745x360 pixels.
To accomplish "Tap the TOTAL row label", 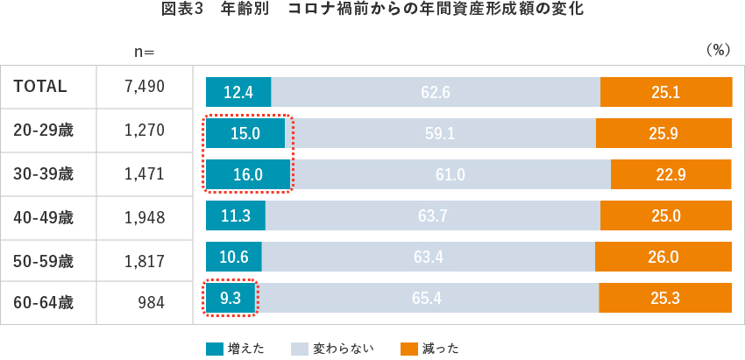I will pyautogui.click(x=40, y=86).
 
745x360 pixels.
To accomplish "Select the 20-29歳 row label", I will pyautogui.click(x=44, y=131).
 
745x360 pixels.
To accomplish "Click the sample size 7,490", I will pyautogui.click(x=145, y=86).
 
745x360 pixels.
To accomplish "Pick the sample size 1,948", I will pyautogui.click(x=145, y=217).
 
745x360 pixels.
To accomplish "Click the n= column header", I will pyautogui.click(x=144, y=52).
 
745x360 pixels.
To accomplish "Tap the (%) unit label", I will pyautogui.click(x=717, y=51).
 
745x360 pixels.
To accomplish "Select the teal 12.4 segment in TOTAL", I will pyautogui.click(x=238, y=92).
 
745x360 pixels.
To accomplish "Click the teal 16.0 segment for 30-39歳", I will pyautogui.click(x=248, y=174).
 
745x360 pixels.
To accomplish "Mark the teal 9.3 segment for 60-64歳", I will pyautogui.click(x=231, y=298).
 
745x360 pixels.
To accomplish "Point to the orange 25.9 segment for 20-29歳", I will pyautogui.click(x=663, y=133).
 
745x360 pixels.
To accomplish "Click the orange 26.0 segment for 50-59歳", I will pyautogui.click(x=663, y=257).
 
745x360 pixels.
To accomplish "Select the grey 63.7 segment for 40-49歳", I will pyautogui.click(x=432, y=215).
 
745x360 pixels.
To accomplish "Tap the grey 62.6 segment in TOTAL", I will pyautogui.click(x=435, y=92).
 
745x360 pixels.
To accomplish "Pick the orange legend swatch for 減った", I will pyautogui.click(x=408, y=349).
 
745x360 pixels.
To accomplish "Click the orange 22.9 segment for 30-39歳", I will pyautogui.click(x=671, y=174).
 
